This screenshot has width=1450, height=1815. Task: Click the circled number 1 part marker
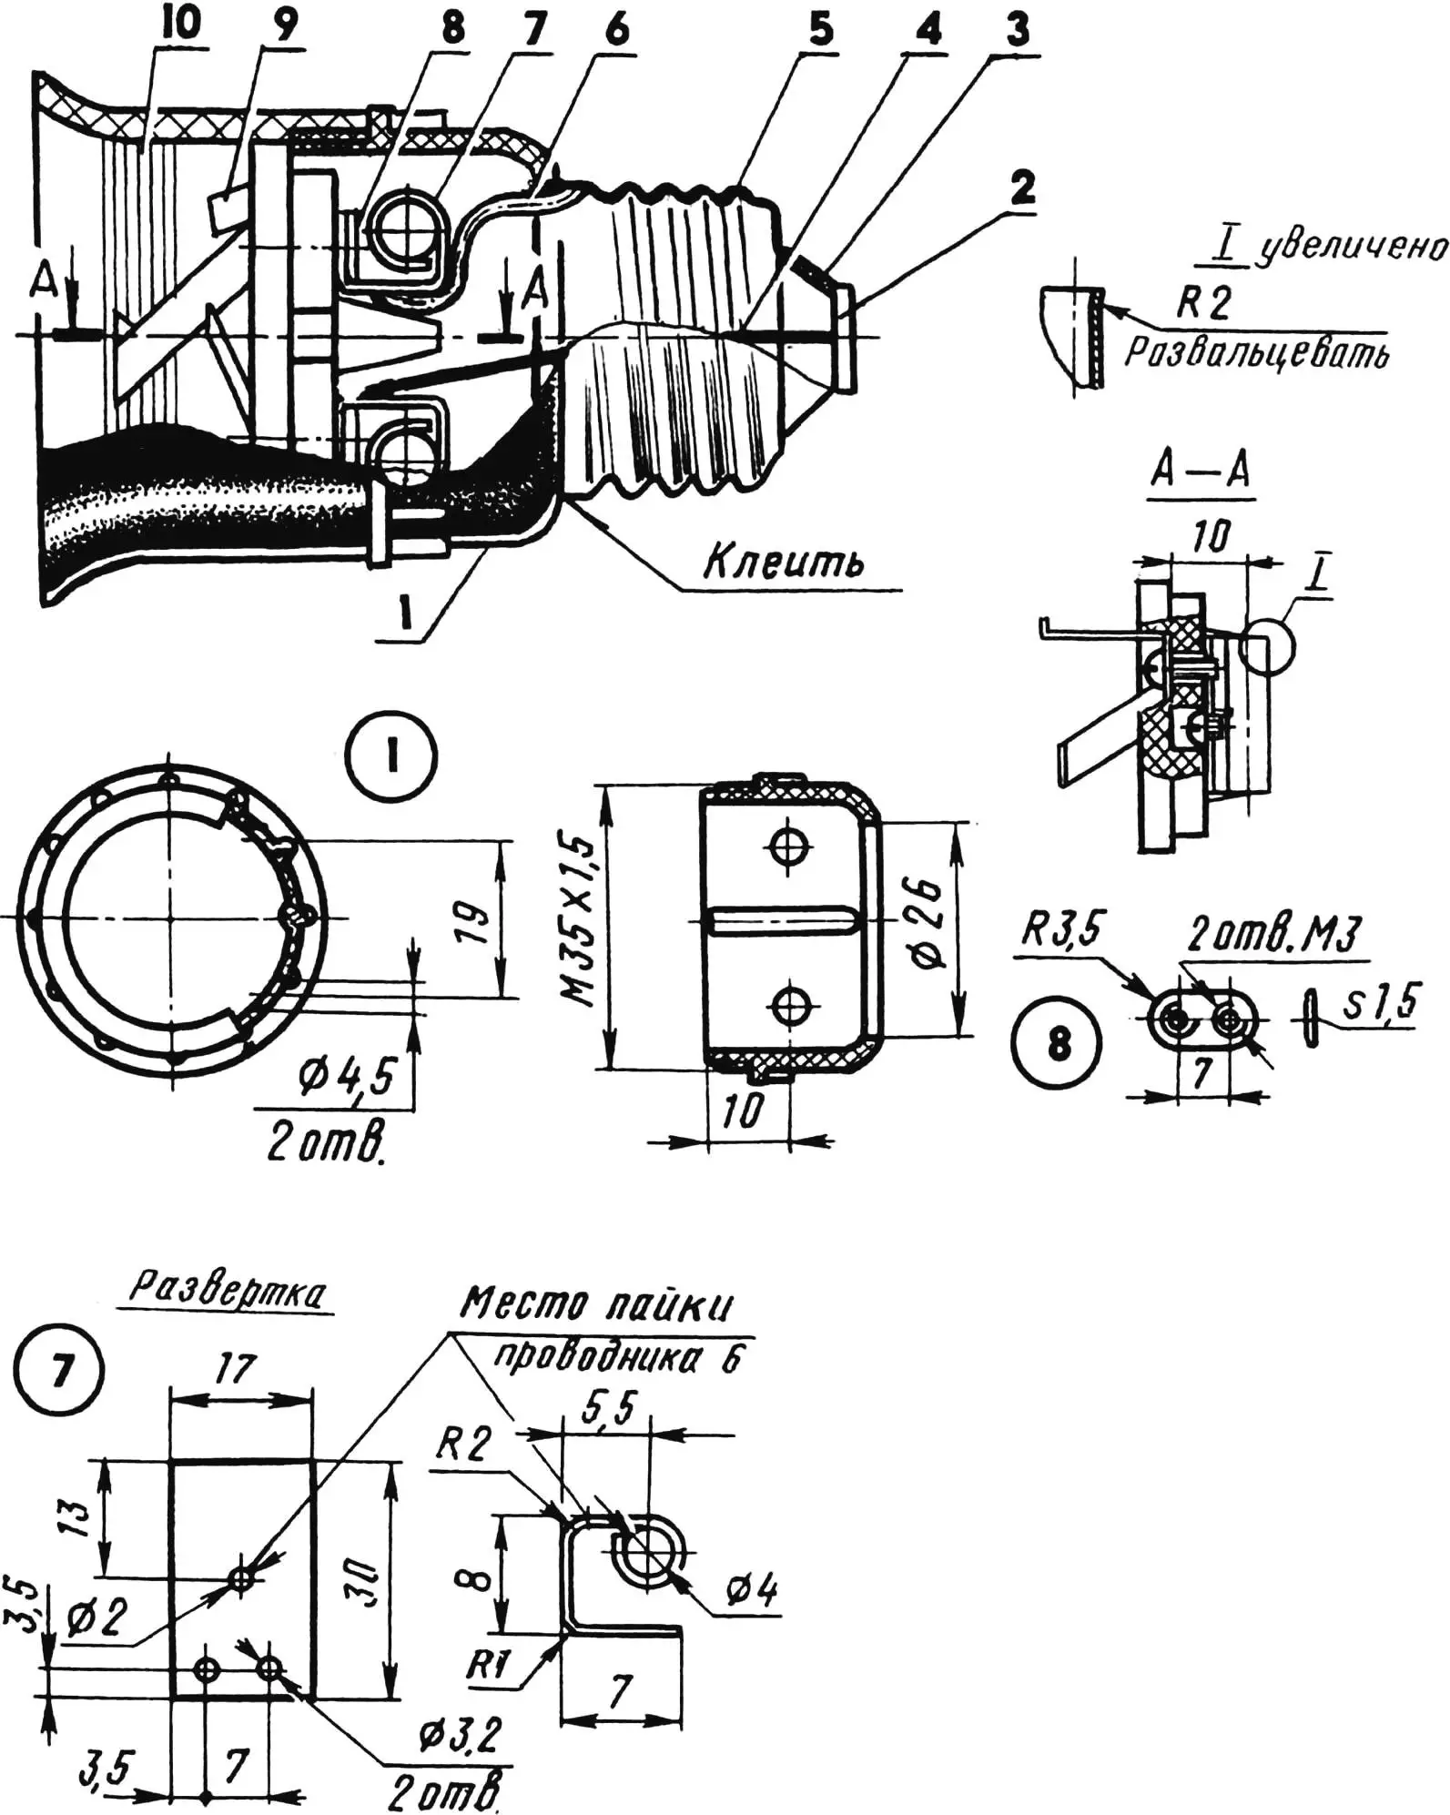click(x=393, y=756)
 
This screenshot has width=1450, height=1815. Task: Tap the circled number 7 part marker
click(x=60, y=1395)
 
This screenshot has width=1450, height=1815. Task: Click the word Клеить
click(x=783, y=563)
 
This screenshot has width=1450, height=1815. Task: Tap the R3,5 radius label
click(x=1060, y=929)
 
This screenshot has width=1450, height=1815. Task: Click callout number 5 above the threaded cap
click(x=819, y=29)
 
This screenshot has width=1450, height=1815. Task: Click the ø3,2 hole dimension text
click(x=460, y=1735)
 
